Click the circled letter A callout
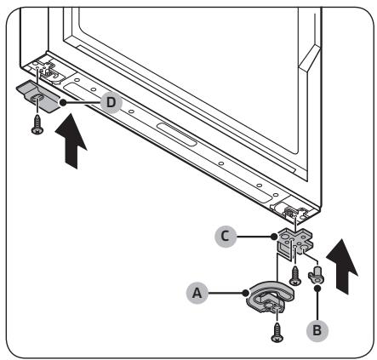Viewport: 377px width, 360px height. tap(197, 293)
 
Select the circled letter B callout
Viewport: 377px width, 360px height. tap(317, 330)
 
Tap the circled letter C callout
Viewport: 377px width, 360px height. tap(226, 237)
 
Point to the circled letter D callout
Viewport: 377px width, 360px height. tap(111, 102)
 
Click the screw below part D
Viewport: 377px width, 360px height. tap(37, 124)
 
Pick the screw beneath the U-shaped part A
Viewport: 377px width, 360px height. tap(277, 333)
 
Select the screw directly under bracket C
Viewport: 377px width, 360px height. tap(295, 275)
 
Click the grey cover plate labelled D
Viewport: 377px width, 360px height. tap(38, 96)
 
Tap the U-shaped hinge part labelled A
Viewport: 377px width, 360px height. tap(270, 297)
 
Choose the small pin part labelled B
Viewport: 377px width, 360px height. tap(316, 274)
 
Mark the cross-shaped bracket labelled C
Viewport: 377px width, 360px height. tap(295, 241)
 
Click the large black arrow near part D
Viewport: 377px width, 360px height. tap(71, 141)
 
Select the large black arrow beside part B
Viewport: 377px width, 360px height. tap(342, 266)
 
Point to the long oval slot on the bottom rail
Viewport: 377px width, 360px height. tap(176, 134)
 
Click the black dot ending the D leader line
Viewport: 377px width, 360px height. tap(63, 102)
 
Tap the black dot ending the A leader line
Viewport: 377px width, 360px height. tap(246, 293)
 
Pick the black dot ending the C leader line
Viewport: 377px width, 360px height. tap(274, 237)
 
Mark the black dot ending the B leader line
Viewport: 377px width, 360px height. tap(317, 289)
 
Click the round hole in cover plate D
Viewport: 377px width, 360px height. tap(37, 99)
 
